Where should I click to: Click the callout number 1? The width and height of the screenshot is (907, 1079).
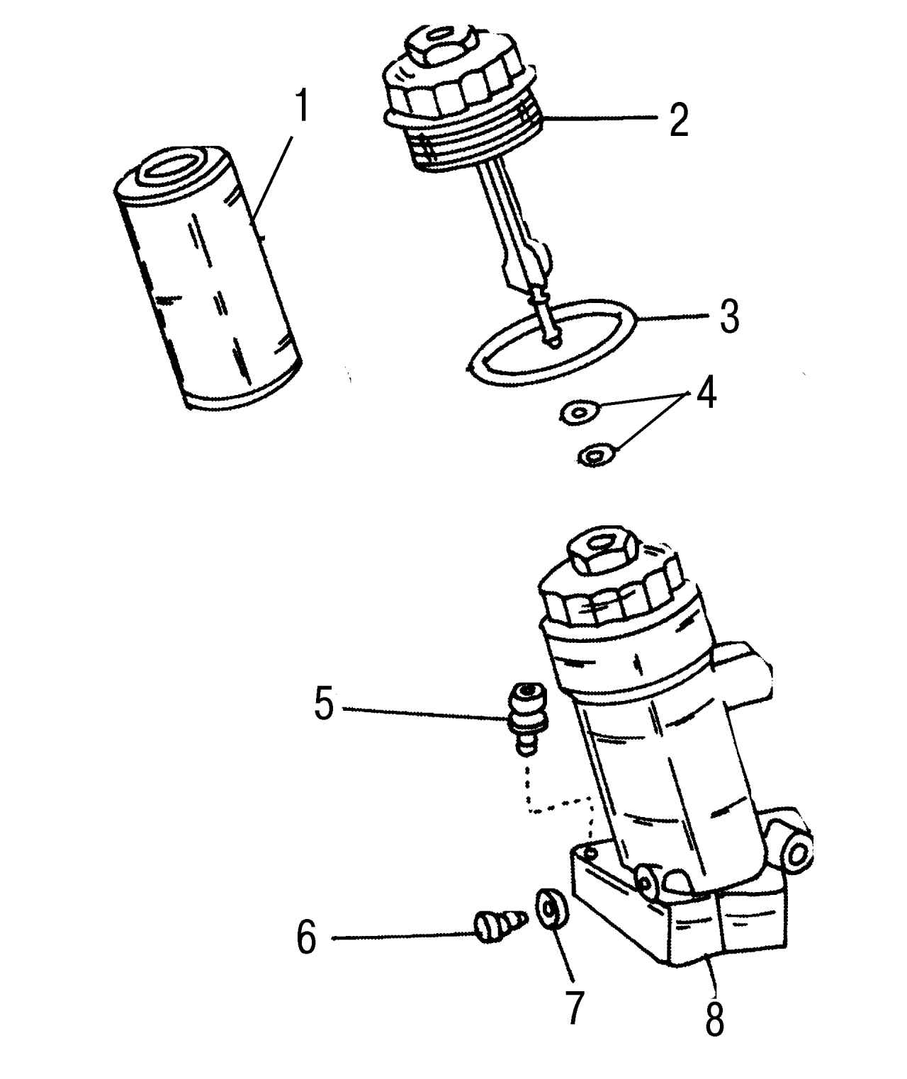(x=301, y=105)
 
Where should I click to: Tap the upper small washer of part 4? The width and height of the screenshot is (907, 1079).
(x=580, y=411)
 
